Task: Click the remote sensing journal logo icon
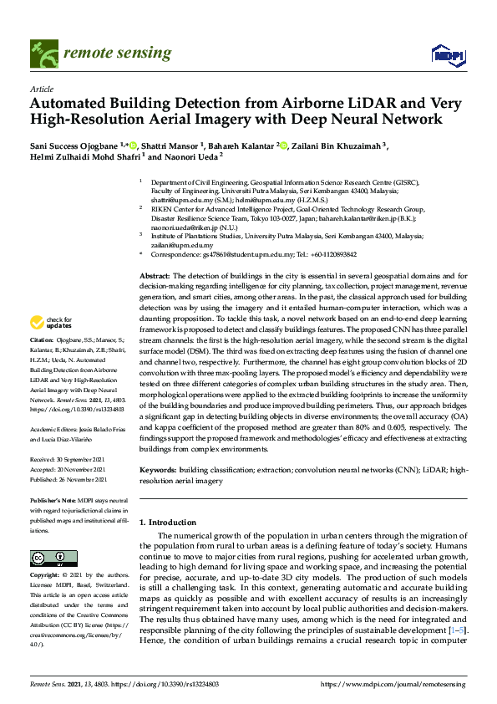(x=43, y=54)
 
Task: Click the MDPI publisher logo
(x=447, y=55)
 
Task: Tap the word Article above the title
(x=40, y=89)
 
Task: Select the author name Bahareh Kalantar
(x=244, y=146)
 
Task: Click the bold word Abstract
(x=154, y=276)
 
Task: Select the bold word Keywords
(x=157, y=472)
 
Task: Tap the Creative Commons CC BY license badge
(x=48, y=558)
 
